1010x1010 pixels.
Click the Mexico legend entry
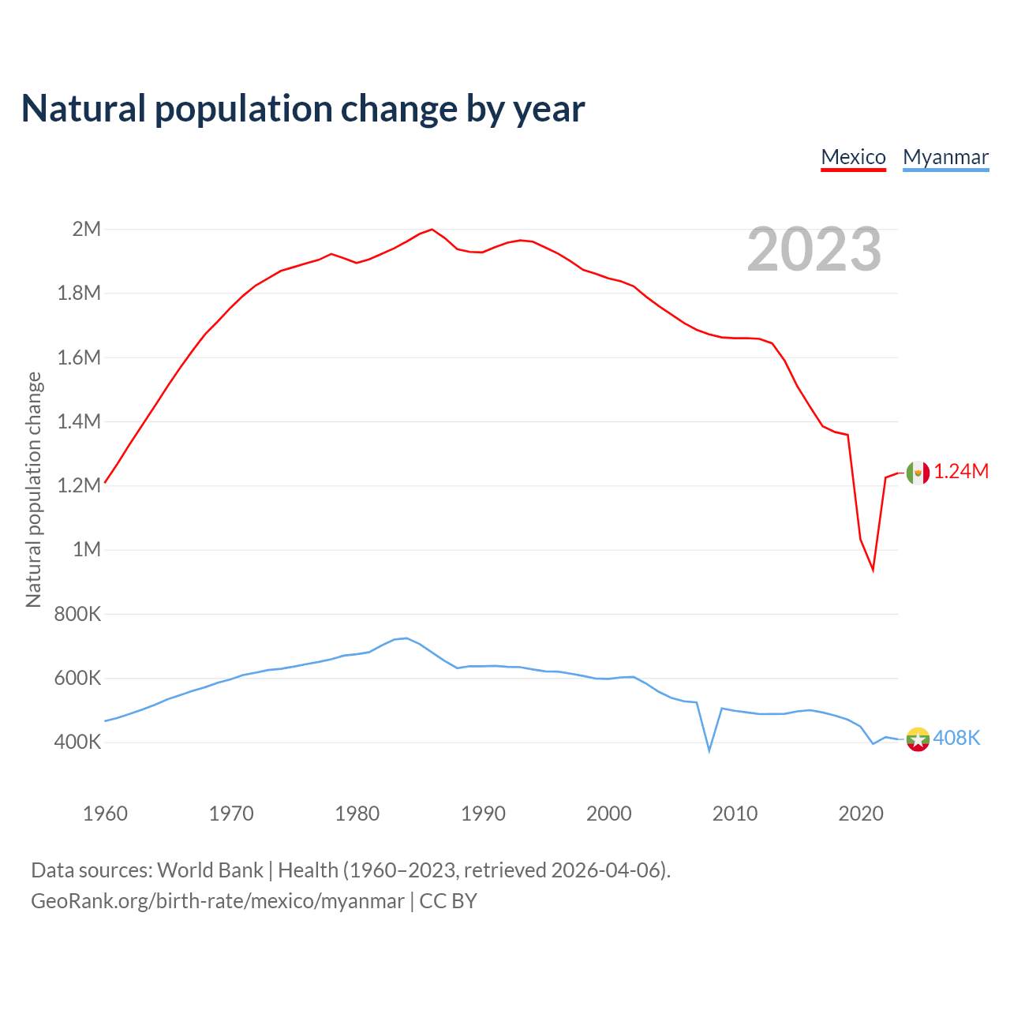coord(853,157)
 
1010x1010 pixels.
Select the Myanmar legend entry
coord(945,157)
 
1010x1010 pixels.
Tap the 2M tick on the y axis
coord(87,230)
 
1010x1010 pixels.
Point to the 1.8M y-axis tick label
coord(79,294)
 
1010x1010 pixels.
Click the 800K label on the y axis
coord(77,614)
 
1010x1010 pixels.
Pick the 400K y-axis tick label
coord(77,742)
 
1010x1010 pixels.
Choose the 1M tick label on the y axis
coord(87,549)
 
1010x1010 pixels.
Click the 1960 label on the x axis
coord(105,814)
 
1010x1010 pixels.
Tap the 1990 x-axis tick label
coord(483,814)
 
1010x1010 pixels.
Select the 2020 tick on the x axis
coord(861,814)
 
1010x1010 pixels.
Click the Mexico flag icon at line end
coord(918,473)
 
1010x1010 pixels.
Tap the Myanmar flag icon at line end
coord(918,739)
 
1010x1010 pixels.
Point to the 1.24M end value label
coord(961,472)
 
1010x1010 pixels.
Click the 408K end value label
coord(956,738)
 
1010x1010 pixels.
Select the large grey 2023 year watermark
coord(814,249)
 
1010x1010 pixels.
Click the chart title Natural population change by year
coord(303,109)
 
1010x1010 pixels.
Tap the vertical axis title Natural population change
coord(33,489)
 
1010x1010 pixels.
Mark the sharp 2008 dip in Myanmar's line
coord(709,750)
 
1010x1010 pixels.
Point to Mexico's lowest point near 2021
coord(873,569)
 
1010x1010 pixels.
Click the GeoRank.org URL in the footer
coord(218,901)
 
